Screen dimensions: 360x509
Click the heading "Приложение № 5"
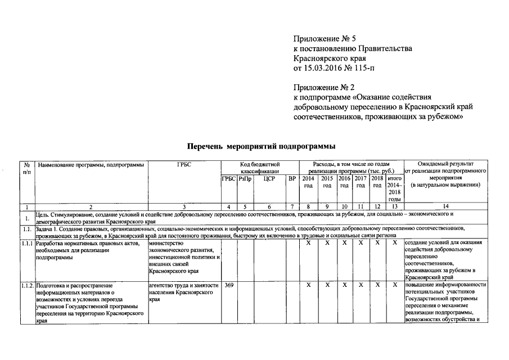point(325,39)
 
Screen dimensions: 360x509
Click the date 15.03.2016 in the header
point(323,69)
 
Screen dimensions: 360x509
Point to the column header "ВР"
point(291,179)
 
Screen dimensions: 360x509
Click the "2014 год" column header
point(308,182)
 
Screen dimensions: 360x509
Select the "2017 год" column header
point(361,182)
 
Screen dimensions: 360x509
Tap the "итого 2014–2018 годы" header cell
point(394,188)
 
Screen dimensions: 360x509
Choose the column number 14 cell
point(445,207)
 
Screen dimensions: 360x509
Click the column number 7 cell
point(291,207)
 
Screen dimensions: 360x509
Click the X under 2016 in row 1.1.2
point(344,286)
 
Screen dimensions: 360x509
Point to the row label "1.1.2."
point(26,286)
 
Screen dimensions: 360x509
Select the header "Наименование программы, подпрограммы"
point(90,164)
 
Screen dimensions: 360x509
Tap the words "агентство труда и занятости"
point(183,286)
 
